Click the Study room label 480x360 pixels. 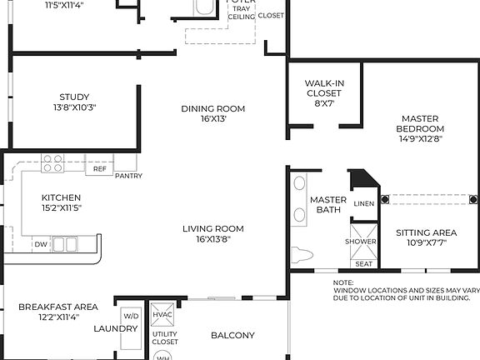point(74,102)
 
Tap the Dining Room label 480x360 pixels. point(213,113)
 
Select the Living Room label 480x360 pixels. point(213,233)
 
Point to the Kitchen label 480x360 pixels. point(62,202)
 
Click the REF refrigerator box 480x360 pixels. point(99,169)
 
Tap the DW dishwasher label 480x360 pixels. point(41,244)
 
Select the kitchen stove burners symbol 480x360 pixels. point(54,163)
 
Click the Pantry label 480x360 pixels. point(128,176)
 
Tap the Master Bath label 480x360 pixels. point(328,205)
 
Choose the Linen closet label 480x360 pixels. point(363,203)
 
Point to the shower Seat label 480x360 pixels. point(363,264)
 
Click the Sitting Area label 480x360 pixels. point(425,237)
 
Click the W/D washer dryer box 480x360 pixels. point(132,316)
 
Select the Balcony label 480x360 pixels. point(232,336)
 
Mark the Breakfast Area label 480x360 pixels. point(58,312)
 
